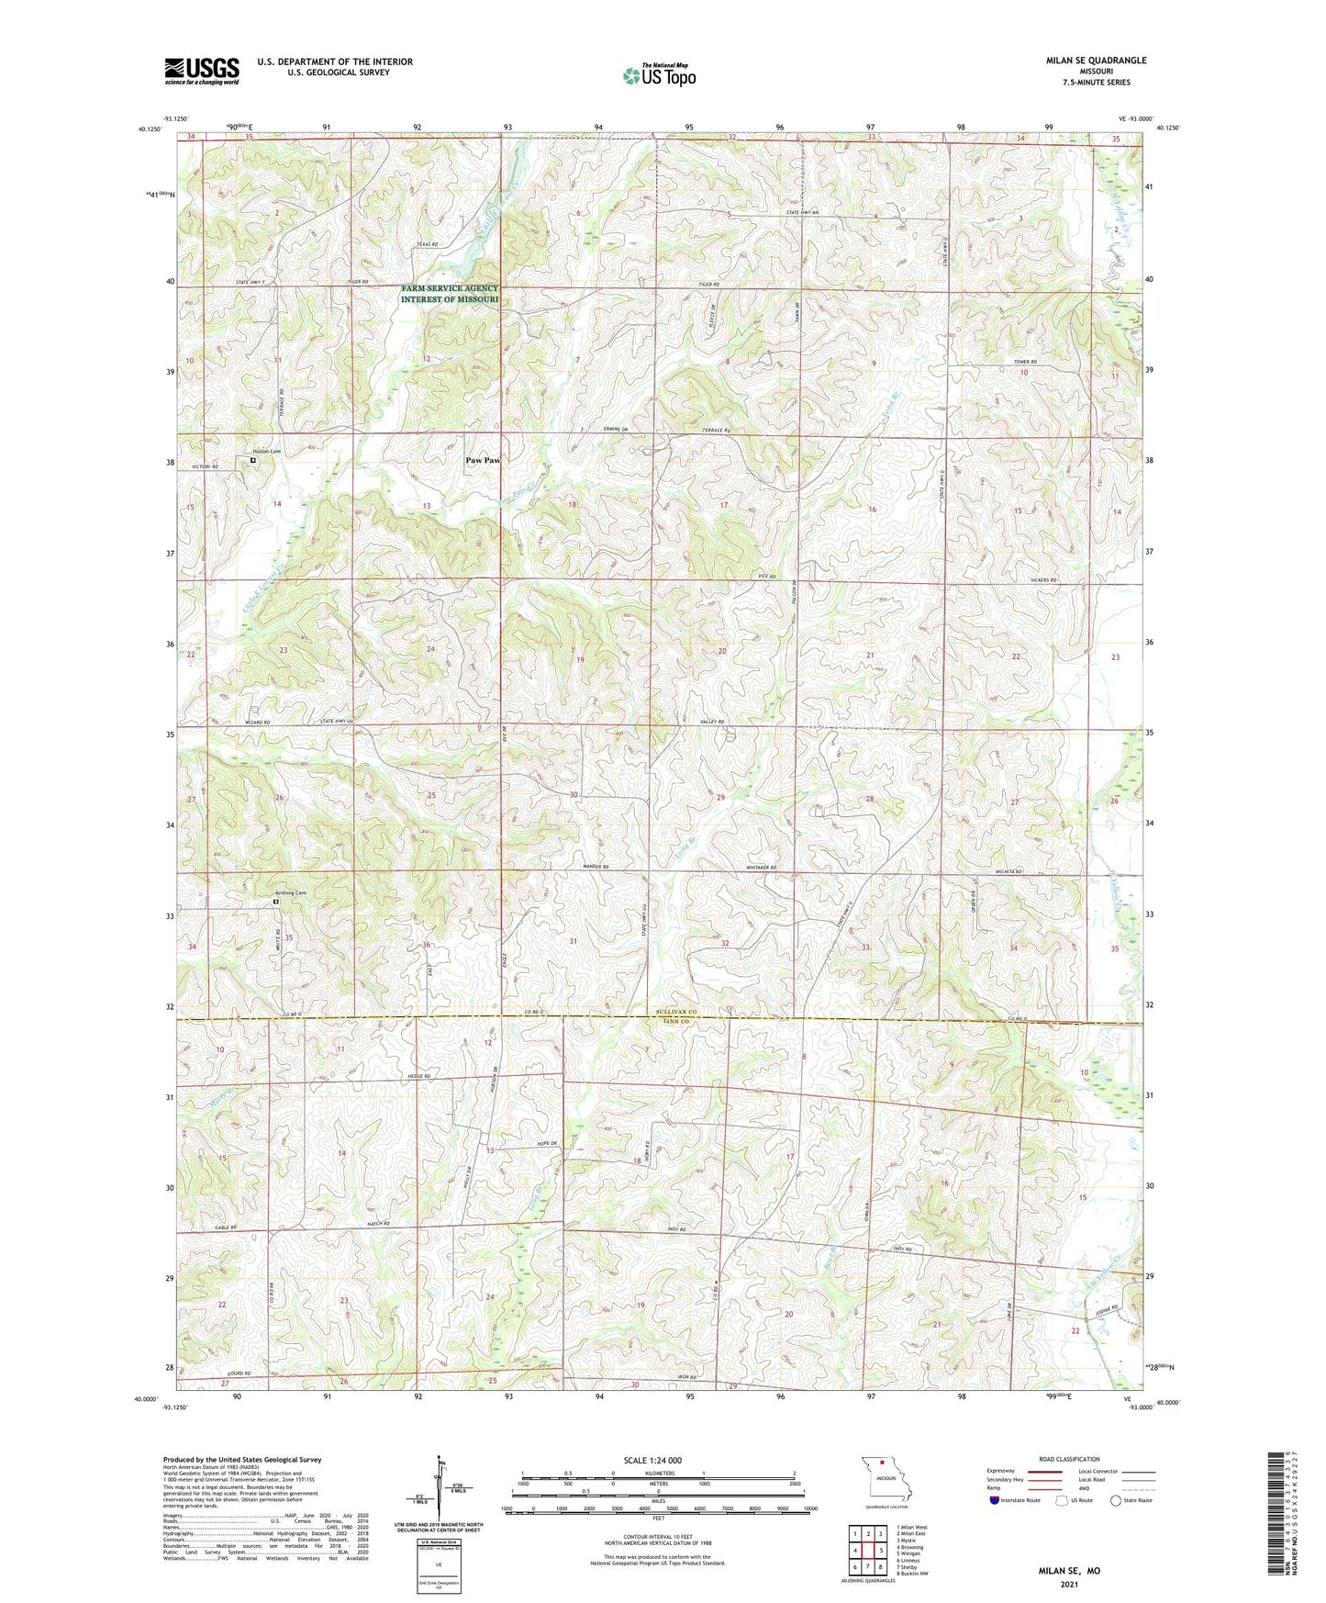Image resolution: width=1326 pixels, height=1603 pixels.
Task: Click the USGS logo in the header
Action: [x=202, y=71]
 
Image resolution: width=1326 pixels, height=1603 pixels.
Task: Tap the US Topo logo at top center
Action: [x=658, y=75]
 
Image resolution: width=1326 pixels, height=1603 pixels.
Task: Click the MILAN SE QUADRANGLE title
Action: [x=1096, y=61]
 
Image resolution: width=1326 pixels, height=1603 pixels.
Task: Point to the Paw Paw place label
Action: [x=483, y=461]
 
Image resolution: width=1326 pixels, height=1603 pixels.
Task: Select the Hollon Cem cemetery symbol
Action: [x=254, y=461]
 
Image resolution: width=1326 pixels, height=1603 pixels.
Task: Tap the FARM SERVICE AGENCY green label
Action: [x=449, y=288]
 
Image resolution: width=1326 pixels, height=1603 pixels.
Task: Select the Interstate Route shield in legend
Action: [x=995, y=1500]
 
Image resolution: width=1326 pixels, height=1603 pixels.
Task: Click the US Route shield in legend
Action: [x=1063, y=1500]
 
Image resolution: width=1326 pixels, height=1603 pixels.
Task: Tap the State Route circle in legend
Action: [x=1116, y=1500]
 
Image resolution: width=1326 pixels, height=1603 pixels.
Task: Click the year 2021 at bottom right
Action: [x=1069, y=1584]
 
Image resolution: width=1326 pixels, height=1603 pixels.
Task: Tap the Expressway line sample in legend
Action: [x=1044, y=1471]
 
